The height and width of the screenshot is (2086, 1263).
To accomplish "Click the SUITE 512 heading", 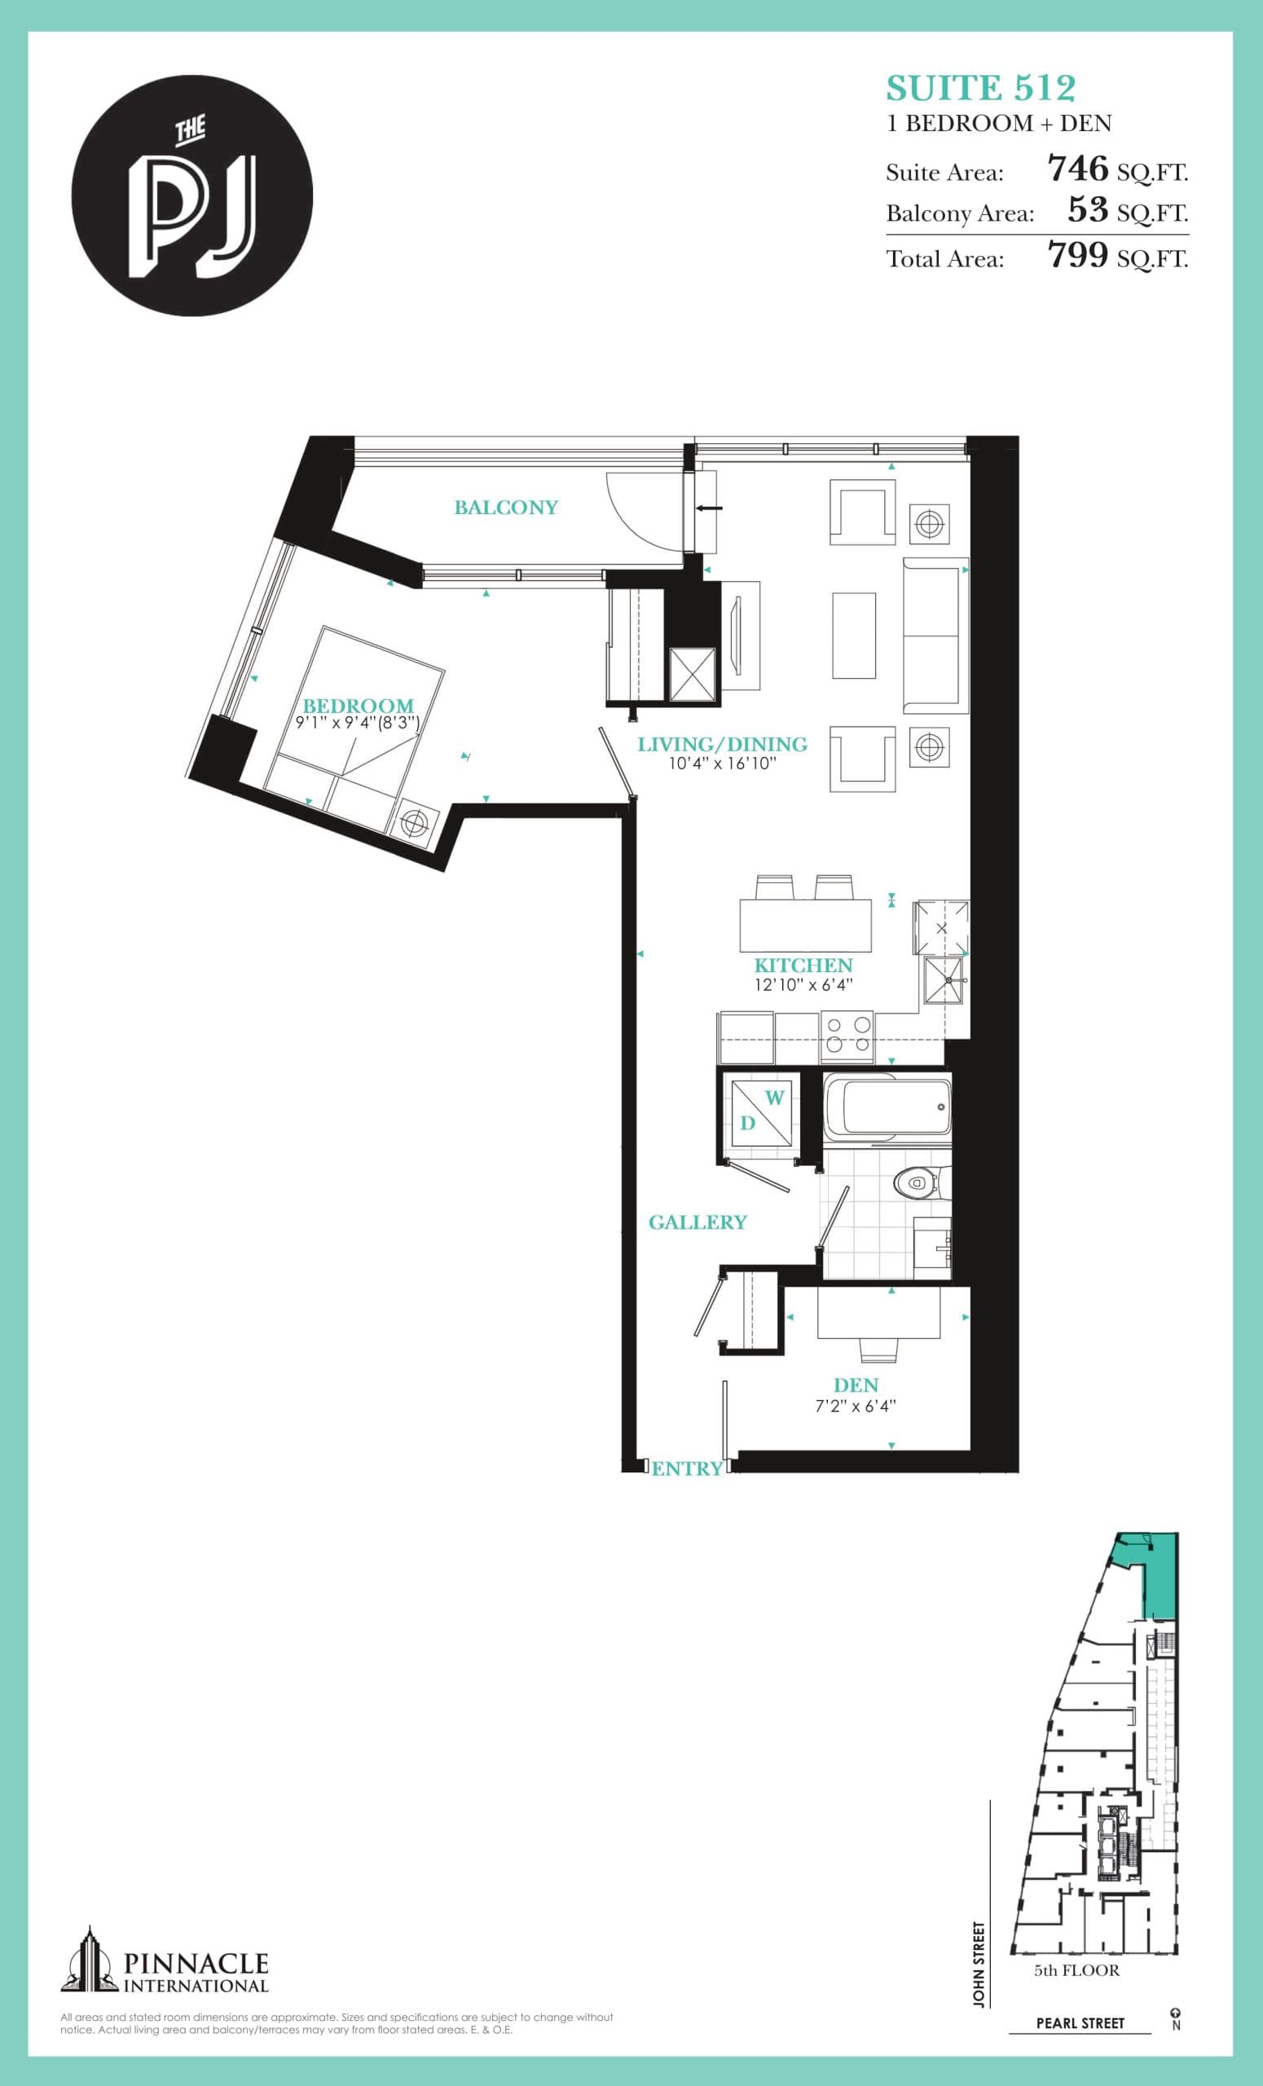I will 980,88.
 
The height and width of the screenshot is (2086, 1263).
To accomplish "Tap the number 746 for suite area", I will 1077,169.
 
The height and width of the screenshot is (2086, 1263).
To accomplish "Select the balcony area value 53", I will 1088,209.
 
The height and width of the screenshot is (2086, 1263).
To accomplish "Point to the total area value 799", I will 1077,254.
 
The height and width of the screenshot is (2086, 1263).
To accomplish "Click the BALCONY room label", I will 505,507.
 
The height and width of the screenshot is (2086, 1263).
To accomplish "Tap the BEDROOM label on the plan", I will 358,705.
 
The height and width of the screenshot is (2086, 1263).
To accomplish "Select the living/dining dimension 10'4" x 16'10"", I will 722,764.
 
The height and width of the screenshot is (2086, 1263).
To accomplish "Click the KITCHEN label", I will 803,965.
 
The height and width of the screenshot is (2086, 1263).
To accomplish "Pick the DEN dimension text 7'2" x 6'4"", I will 855,1406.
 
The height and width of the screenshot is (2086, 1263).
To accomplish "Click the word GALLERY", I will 698,1221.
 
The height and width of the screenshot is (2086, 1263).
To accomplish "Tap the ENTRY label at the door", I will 687,1469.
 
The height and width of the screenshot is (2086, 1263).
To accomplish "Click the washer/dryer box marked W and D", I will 759,1111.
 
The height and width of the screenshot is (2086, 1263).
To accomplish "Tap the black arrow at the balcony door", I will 710,508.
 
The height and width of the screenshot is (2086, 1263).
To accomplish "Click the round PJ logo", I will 192,196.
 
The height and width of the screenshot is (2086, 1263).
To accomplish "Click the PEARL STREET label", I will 1080,2023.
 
